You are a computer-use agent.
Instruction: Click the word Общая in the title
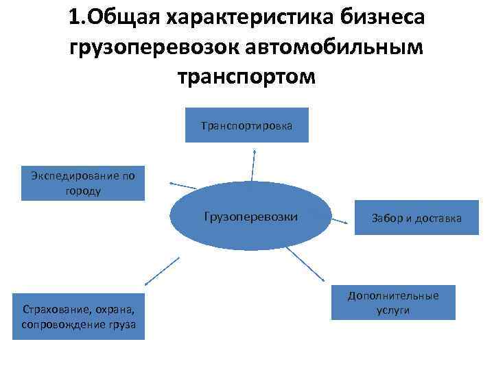click(x=119, y=17)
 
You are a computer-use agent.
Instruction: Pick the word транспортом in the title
click(x=247, y=76)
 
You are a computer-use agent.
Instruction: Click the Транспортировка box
click(x=247, y=125)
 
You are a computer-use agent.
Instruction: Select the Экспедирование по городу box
click(x=82, y=183)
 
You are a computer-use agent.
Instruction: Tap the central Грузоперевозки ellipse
click(x=251, y=217)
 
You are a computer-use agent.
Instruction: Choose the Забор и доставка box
click(x=416, y=218)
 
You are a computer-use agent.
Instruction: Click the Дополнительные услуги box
click(x=393, y=302)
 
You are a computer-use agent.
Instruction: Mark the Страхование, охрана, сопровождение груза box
click(x=78, y=316)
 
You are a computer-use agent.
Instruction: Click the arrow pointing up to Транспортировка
click(x=254, y=164)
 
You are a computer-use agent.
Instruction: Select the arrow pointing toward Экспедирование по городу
click(x=183, y=185)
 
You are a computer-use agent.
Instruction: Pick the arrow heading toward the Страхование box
click(x=163, y=270)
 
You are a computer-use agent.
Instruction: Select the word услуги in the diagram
click(x=393, y=310)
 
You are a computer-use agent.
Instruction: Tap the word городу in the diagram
click(x=83, y=190)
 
